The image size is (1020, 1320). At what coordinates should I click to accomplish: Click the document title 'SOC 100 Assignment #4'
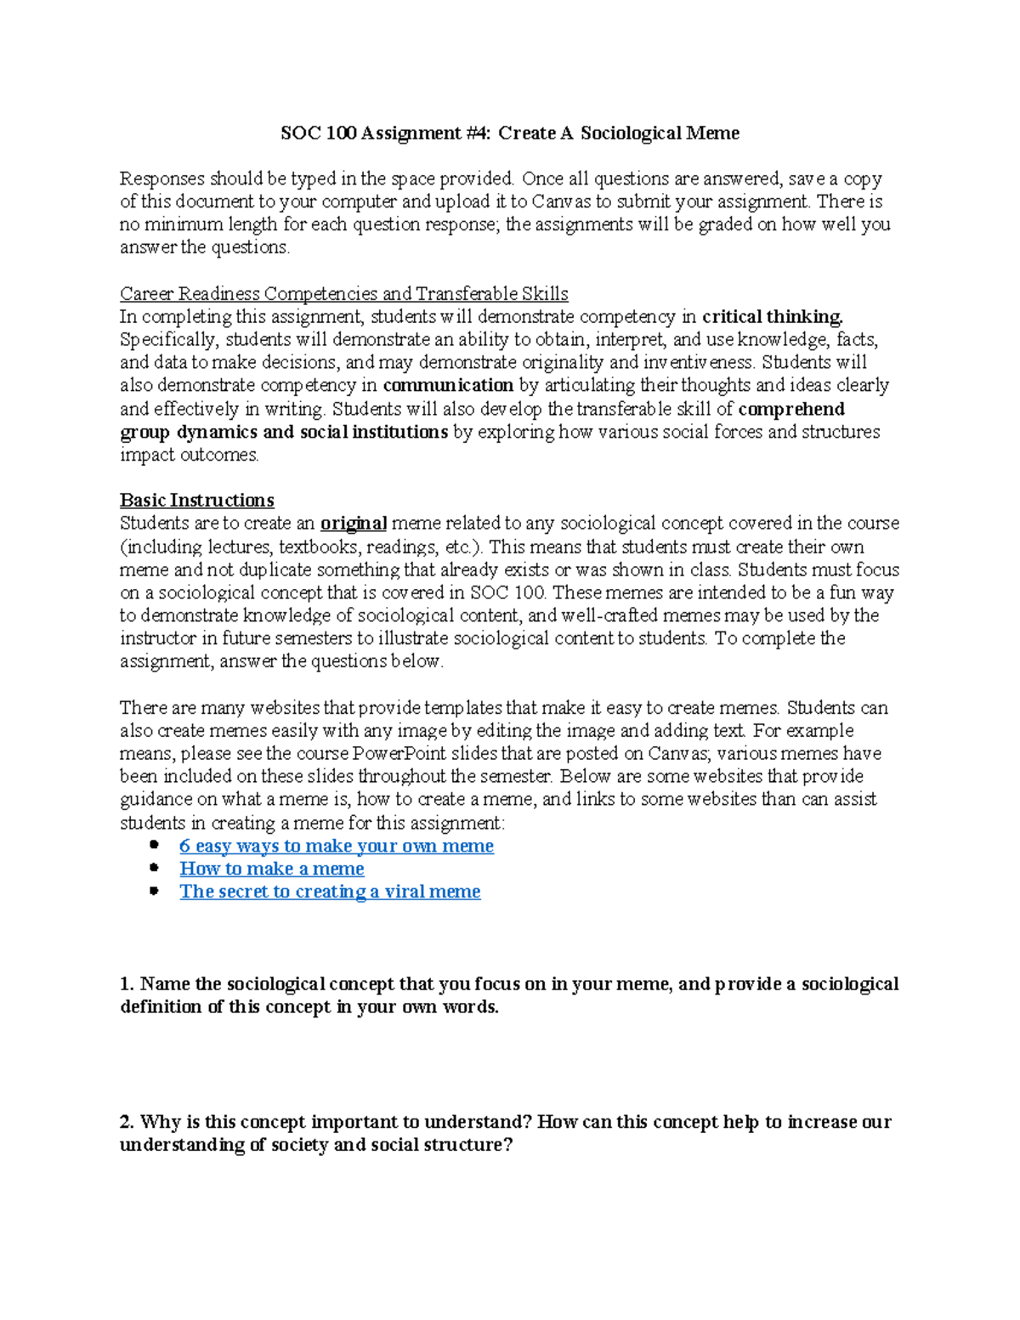click(387, 133)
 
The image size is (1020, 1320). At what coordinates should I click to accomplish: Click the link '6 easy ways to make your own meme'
click(336, 846)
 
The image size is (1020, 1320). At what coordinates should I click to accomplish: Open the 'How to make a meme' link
click(271, 869)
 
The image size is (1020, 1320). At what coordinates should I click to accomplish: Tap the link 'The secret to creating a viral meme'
click(330, 892)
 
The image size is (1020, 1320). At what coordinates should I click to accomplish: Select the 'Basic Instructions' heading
click(196, 500)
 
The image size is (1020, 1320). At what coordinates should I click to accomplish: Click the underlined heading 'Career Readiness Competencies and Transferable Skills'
click(343, 294)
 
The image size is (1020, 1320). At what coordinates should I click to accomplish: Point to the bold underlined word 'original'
click(354, 523)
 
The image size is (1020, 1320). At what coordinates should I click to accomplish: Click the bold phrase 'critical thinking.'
click(772, 317)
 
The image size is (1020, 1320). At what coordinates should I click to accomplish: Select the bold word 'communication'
click(448, 386)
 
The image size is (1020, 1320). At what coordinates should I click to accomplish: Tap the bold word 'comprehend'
click(791, 409)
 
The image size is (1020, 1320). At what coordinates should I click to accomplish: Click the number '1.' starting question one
click(127, 984)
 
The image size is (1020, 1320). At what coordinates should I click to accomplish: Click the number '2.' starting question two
click(127, 1122)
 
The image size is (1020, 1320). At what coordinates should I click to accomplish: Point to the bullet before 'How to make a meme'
click(154, 868)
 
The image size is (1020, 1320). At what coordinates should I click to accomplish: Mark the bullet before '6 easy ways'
click(154, 845)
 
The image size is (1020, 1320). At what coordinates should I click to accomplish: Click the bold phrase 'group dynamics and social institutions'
click(284, 432)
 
